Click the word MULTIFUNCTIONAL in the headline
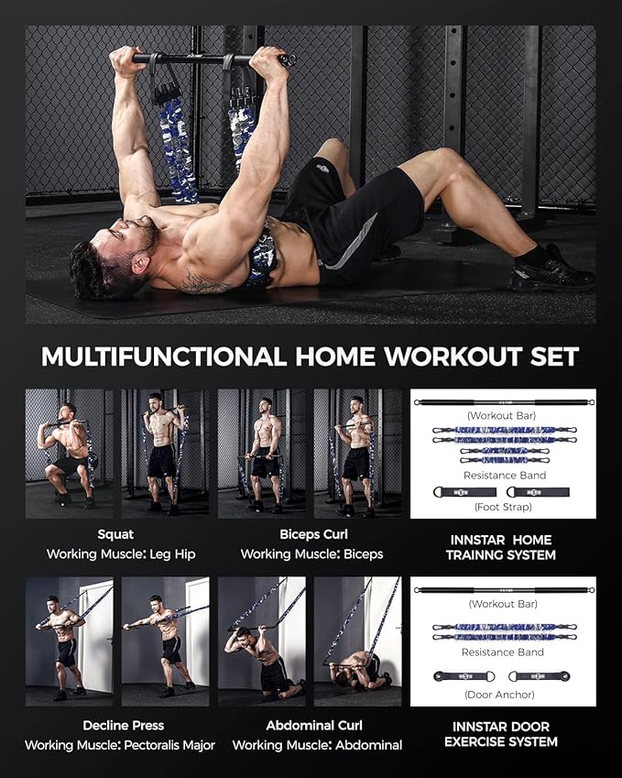[x=164, y=356]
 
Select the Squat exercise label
[x=115, y=534]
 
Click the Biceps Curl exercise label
[x=313, y=534]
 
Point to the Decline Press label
[x=123, y=726]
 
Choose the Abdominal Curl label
[x=314, y=726]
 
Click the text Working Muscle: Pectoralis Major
[x=120, y=745]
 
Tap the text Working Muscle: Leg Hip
[x=121, y=554]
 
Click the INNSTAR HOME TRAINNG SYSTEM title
[x=500, y=547]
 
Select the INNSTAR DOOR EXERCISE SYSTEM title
[x=501, y=734]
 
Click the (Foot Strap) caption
[x=503, y=507]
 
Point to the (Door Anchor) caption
[x=499, y=695]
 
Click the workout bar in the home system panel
[x=504, y=402]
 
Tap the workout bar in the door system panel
[x=504, y=590]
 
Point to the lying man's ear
[x=140, y=265]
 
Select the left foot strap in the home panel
[x=464, y=492]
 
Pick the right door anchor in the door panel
[x=540, y=675]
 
